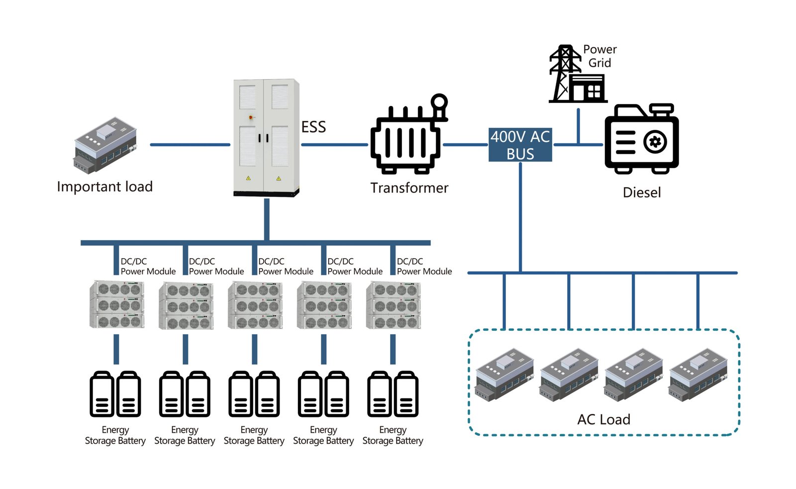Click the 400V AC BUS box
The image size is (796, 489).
pyautogui.click(x=520, y=145)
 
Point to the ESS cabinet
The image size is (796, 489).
pyautogui.click(x=266, y=137)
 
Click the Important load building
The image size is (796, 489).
pyautogui.click(x=105, y=145)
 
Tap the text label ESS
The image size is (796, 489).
pyautogui.click(x=313, y=127)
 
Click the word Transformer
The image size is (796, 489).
pyautogui.click(x=409, y=188)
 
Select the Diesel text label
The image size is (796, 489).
pyautogui.click(x=642, y=193)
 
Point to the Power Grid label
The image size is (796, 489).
pyautogui.click(x=600, y=56)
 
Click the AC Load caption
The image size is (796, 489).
pyautogui.click(x=603, y=419)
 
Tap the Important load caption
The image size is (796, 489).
pyautogui.click(x=104, y=187)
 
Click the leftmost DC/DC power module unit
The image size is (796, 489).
pyautogui.click(x=117, y=304)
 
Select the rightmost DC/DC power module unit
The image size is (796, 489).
pyautogui.click(x=393, y=304)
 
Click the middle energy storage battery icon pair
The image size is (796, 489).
pyautogui.click(x=254, y=394)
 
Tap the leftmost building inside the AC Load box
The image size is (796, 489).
pyautogui.click(x=504, y=374)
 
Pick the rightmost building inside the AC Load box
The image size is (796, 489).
pyautogui.click(x=698, y=374)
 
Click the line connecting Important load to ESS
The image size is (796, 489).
pyautogui.click(x=190, y=145)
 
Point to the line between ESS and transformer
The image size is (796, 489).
pyautogui.click(x=334, y=145)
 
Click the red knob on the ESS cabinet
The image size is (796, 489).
pyautogui.click(x=251, y=117)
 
